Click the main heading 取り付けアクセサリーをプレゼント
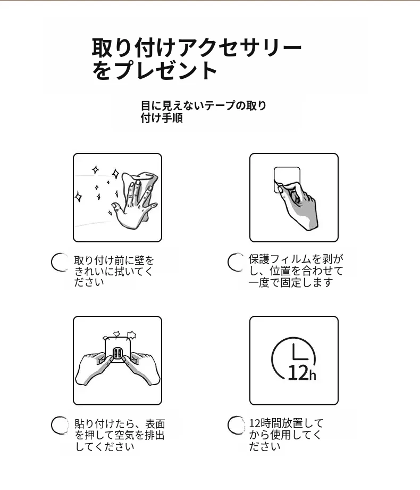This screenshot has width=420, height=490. click(x=197, y=59)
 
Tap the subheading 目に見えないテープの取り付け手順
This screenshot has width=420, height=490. click(x=204, y=111)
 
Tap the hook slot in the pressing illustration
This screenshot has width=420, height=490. click(x=117, y=354)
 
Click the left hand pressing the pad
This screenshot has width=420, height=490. click(x=94, y=369)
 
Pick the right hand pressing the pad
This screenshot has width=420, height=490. click(x=142, y=369)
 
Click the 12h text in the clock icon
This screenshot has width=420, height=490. click(x=302, y=373)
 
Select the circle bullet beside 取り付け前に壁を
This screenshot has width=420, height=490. click(x=60, y=262)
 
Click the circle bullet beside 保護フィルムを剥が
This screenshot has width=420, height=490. click(x=236, y=262)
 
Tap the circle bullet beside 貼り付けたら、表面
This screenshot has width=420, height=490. click(x=60, y=426)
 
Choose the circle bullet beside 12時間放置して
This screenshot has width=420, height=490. click(x=236, y=426)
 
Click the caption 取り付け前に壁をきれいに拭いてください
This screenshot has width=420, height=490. click(x=114, y=271)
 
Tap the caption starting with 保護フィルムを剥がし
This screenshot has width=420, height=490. click(x=296, y=271)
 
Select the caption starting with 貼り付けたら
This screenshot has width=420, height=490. click(x=120, y=435)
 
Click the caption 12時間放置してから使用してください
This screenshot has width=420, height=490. click(x=286, y=435)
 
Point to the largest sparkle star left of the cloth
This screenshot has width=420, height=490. click(x=116, y=174)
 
